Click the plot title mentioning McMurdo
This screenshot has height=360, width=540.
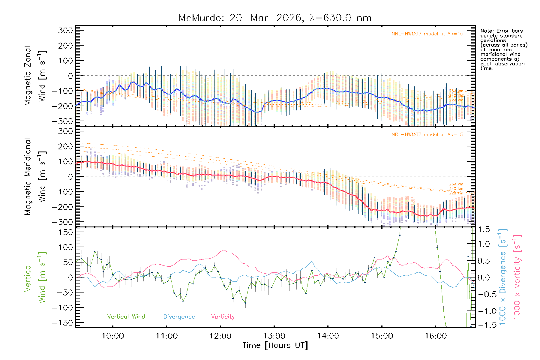[275, 18]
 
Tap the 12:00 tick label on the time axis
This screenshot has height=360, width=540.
[220, 336]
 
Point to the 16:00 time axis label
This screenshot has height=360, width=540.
[436, 336]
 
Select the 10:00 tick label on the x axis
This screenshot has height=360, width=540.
[113, 336]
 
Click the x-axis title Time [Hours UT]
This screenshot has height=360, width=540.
[275, 345]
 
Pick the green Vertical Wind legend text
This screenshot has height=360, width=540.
[126, 316]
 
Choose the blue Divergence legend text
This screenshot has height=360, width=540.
[179, 316]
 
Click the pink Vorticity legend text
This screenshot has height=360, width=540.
[223, 316]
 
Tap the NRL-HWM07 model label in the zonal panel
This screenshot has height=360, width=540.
[427, 34]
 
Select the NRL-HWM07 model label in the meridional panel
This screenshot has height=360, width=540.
[427, 135]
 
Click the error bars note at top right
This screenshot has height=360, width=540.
[503, 49]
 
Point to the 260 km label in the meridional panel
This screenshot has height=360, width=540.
[456, 184]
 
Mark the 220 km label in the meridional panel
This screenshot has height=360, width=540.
[456, 193]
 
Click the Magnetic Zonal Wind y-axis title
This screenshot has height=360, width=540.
[35, 76]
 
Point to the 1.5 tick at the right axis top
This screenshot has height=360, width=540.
[484, 229]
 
